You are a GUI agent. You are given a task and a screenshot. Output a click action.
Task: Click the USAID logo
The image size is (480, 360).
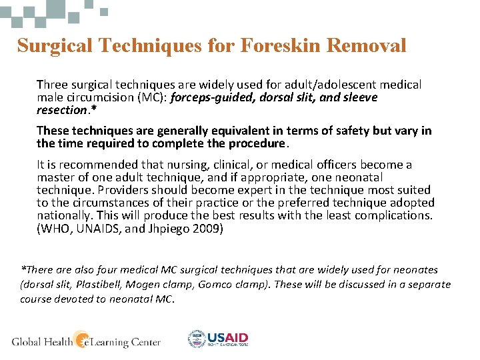point(218,339)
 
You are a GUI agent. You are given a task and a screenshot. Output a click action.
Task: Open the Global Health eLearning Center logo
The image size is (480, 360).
point(86,341)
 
